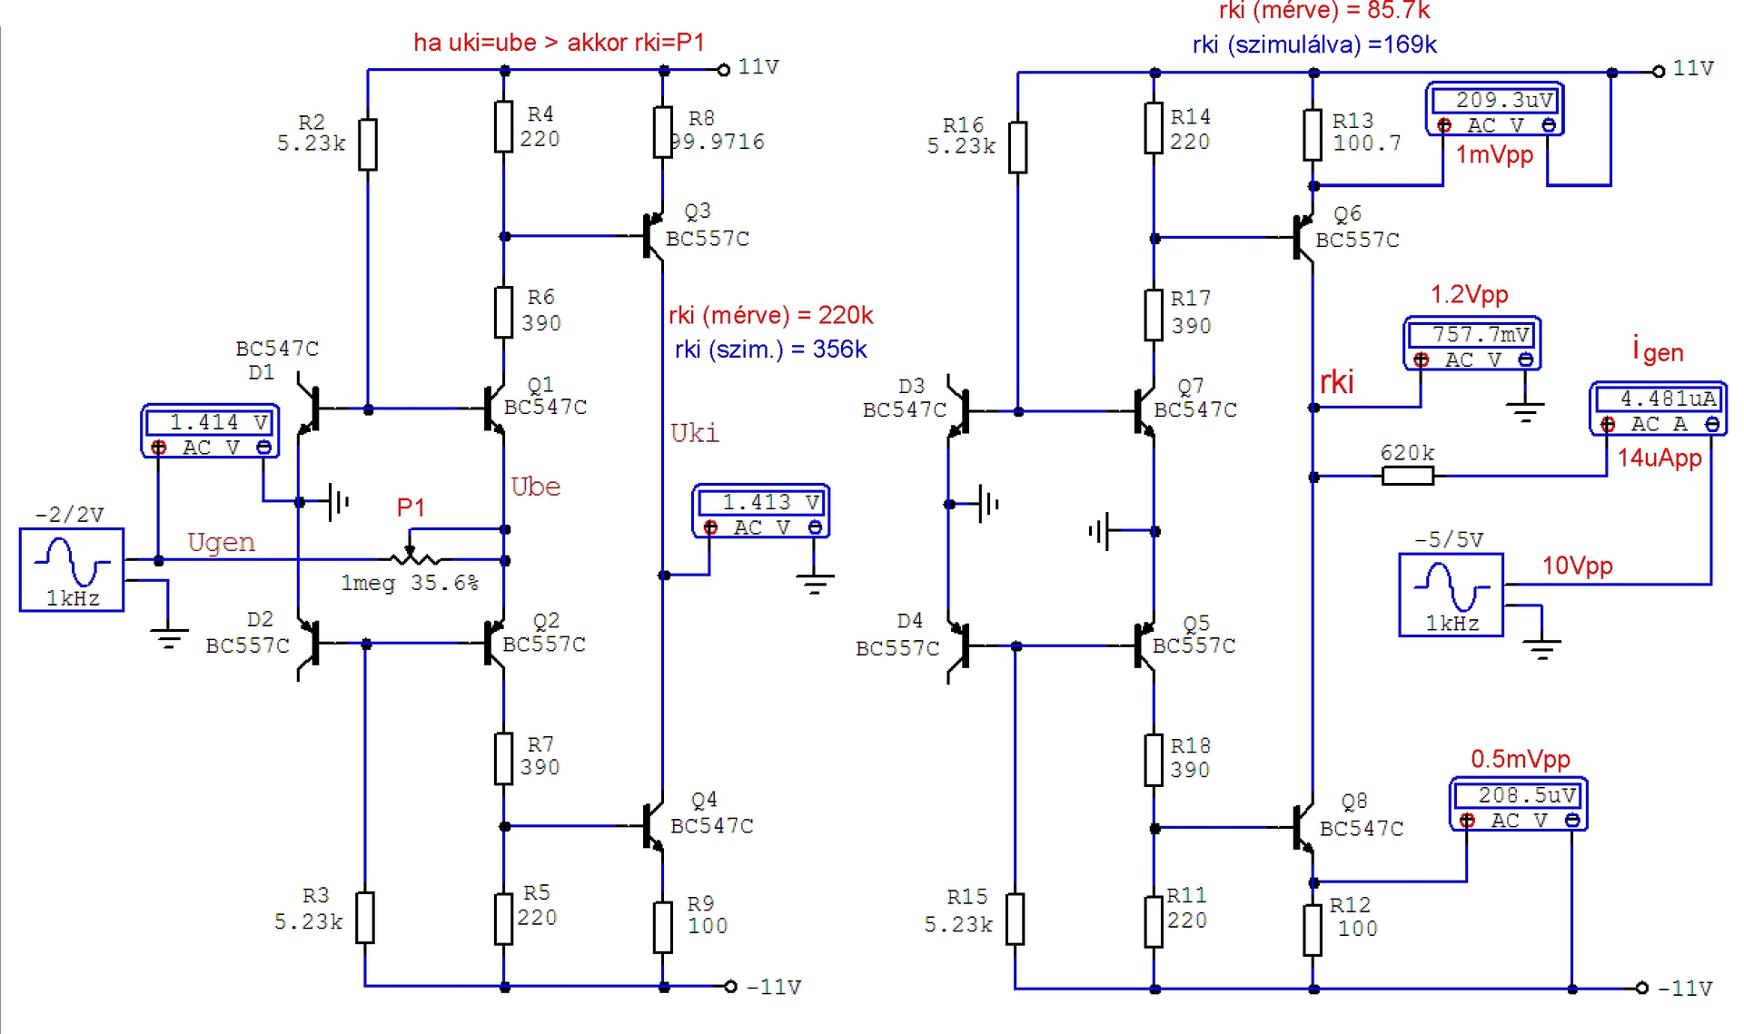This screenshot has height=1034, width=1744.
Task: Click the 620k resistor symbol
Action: pyautogui.click(x=1407, y=476)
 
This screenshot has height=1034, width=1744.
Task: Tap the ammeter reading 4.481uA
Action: pyautogui.click(x=1659, y=409)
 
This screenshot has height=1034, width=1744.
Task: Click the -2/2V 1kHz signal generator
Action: pyautogui.click(x=72, y=570)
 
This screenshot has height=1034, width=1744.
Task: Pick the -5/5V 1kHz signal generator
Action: pyautogui.click(x=1451, y=595)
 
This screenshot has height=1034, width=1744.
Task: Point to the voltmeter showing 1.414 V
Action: pyautogui.click(x=210, y=432)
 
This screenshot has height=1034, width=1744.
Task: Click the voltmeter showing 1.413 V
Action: pyautogui.click(x=761, y=511)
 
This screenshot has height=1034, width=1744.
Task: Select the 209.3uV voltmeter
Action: pyautogui.click(x=1495, y=109)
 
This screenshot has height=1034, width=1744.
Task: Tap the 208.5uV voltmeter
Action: pyautogui.click(x=1518, y=804)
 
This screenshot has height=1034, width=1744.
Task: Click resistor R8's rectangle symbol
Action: pyautogui.click(x=663, y=133)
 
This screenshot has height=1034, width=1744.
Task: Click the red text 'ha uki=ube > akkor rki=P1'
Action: pyautogui.click(x=559, y=43)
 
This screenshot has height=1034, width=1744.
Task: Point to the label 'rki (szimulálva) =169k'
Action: pyautogui.click(x=1314, y=44)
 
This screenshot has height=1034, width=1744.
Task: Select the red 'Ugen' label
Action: pyautogui.click(x=221, y=543)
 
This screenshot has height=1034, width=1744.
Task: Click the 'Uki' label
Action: pyautogui.click(x=694, y=433)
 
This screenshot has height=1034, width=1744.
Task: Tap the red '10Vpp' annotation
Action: pyautogui.click(x=1577, y=566)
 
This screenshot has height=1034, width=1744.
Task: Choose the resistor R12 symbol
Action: pyautogui.click(x=1313, y=930)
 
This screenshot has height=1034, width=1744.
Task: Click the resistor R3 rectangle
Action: pyautogui.click(x=364, y=918)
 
